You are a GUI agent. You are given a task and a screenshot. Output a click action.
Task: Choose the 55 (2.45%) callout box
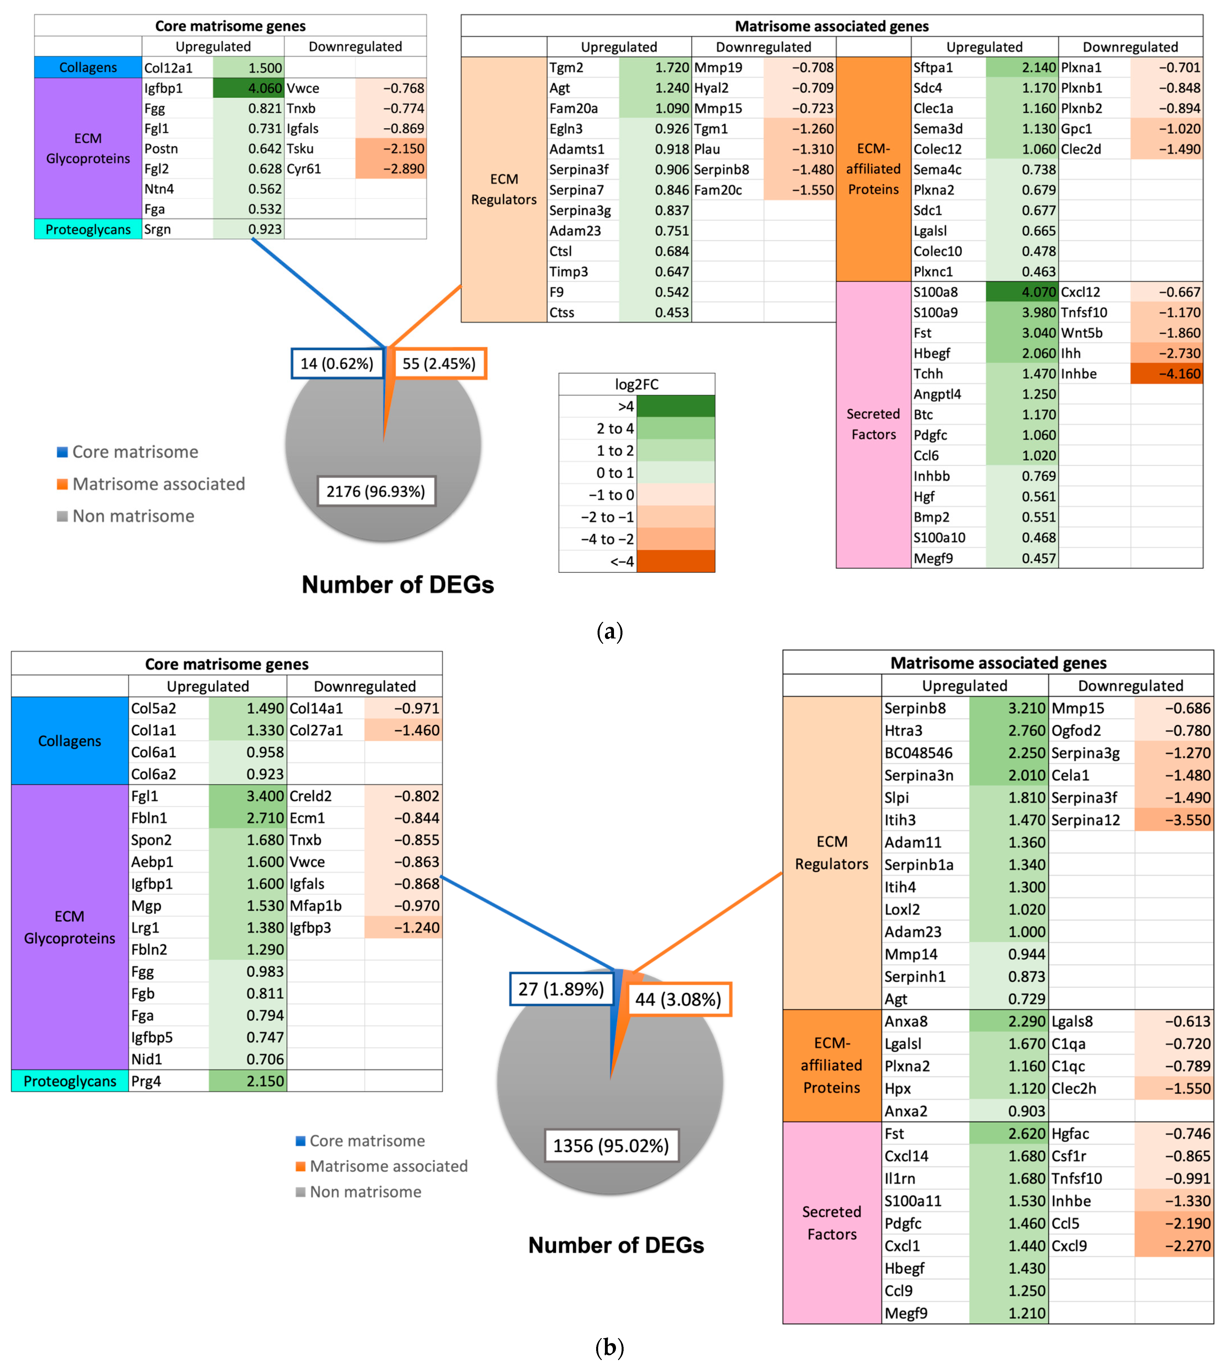coord(439,364)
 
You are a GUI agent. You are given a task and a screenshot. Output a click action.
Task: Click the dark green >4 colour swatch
coord(675,406)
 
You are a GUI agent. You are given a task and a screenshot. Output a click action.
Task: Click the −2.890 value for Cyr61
coord(403,169)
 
